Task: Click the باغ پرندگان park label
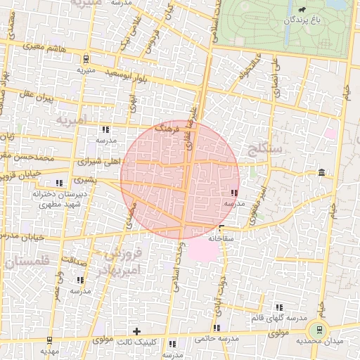307,20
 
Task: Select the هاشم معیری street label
46,47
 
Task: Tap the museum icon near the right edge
321,173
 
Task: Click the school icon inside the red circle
233,193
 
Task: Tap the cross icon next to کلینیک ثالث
136,330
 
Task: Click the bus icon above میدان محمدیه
320,328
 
